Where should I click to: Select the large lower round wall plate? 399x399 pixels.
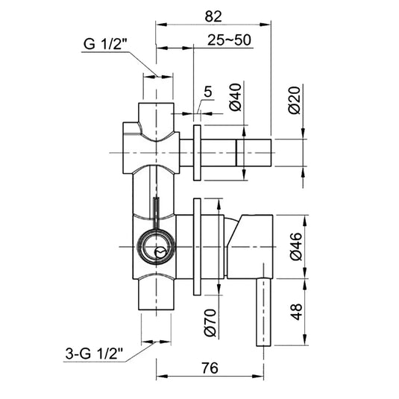[x=197, y=245]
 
